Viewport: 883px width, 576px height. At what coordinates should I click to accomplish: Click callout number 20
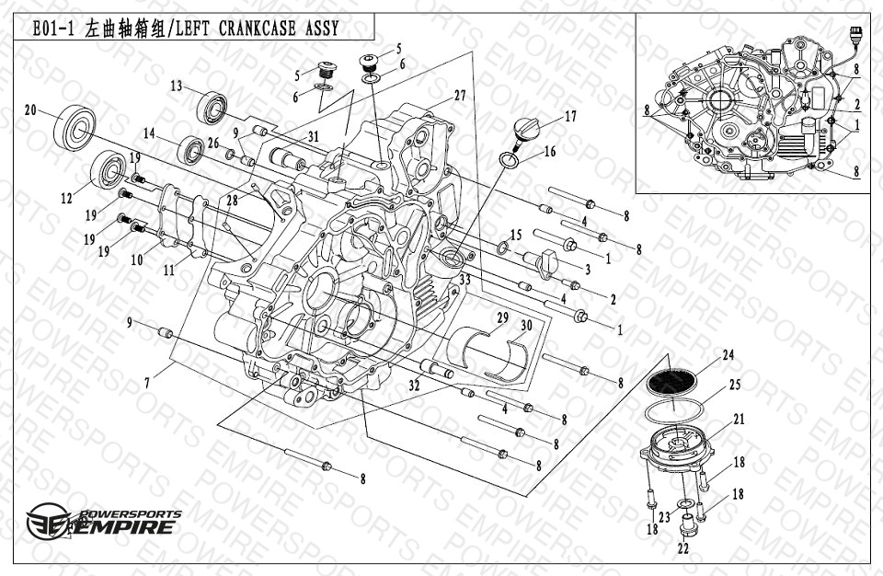point(30,110)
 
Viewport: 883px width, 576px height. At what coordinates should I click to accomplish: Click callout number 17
point(570,117)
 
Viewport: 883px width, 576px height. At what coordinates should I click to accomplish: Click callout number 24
point(728,354)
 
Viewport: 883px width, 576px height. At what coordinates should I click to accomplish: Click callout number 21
point(739,419)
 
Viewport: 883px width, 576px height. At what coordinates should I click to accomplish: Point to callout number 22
point(682,549)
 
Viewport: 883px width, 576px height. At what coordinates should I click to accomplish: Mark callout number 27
point(460,96)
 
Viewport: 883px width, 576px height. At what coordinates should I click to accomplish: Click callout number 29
point(502,317)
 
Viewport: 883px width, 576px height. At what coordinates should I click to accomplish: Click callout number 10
point(136,260)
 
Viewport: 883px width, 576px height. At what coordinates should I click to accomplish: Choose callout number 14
point(148,132)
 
